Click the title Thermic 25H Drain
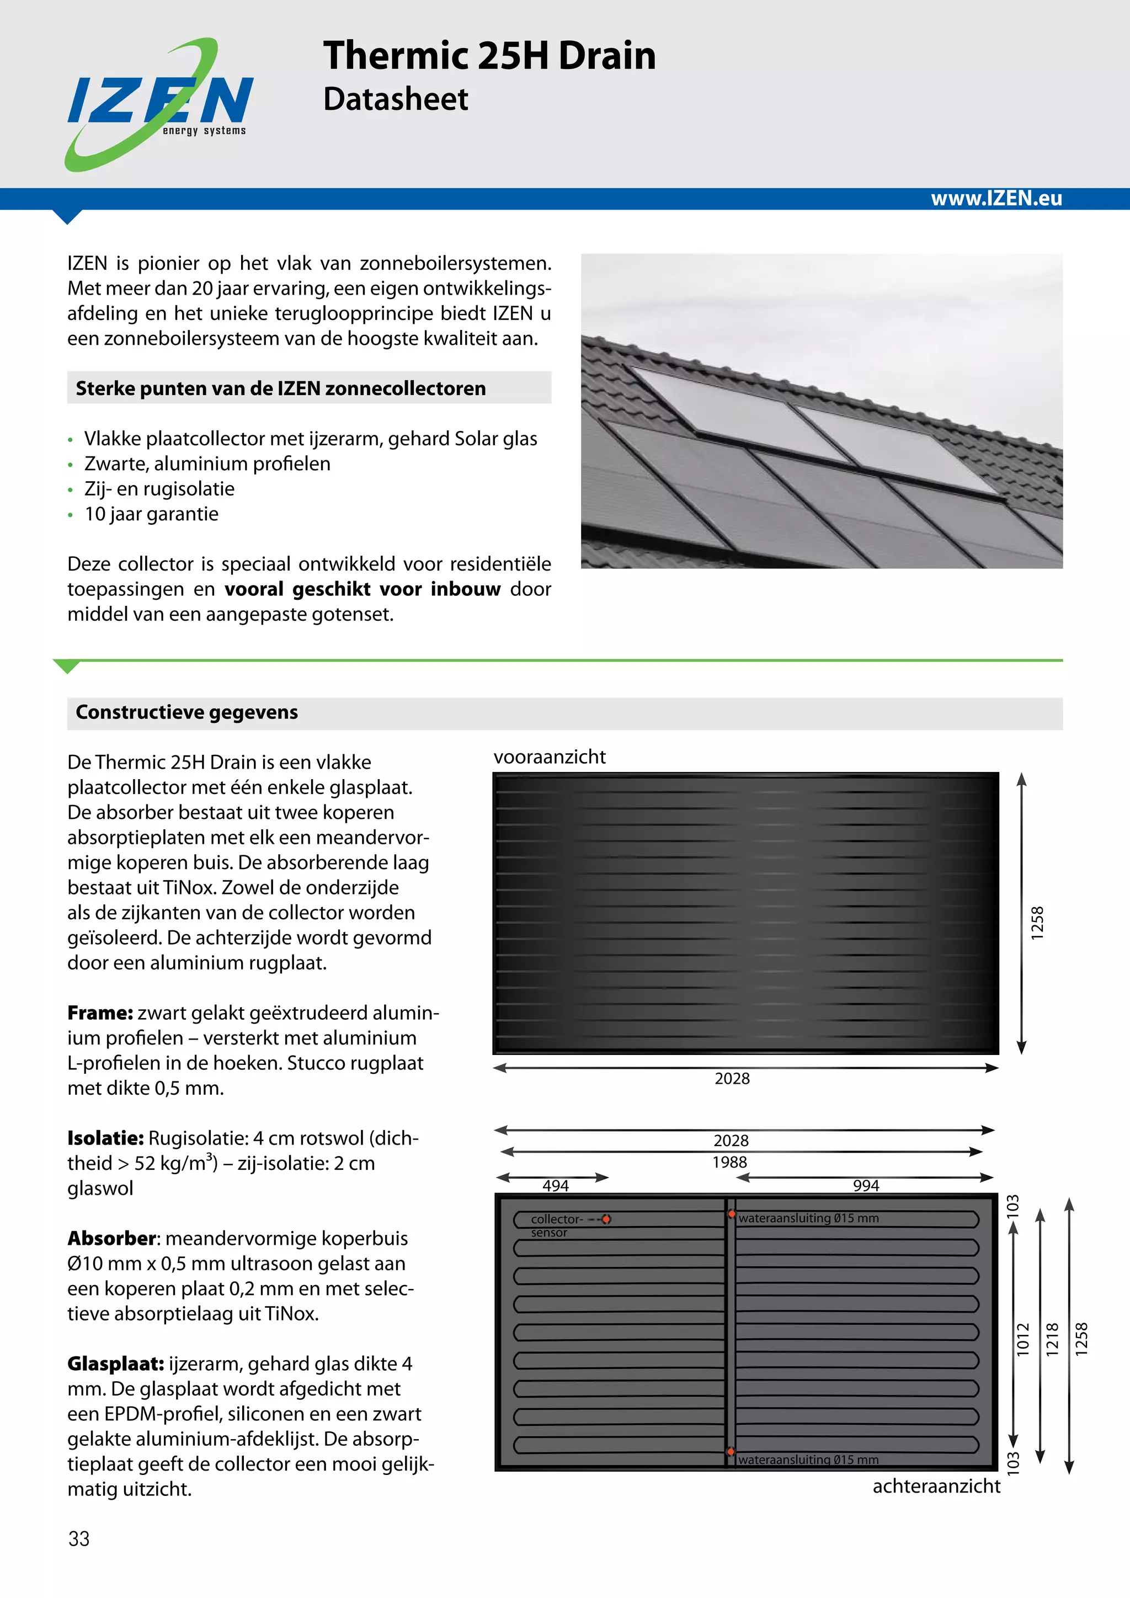489,56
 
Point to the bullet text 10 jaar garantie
151,514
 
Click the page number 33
79,1538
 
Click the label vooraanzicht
549,757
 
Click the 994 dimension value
866,1185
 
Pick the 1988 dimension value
729,1162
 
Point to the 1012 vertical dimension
1022,1339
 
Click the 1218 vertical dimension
1052,1339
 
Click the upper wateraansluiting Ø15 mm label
808,1218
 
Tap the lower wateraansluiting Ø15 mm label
808,1459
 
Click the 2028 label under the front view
732,1078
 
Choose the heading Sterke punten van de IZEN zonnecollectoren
280,388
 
